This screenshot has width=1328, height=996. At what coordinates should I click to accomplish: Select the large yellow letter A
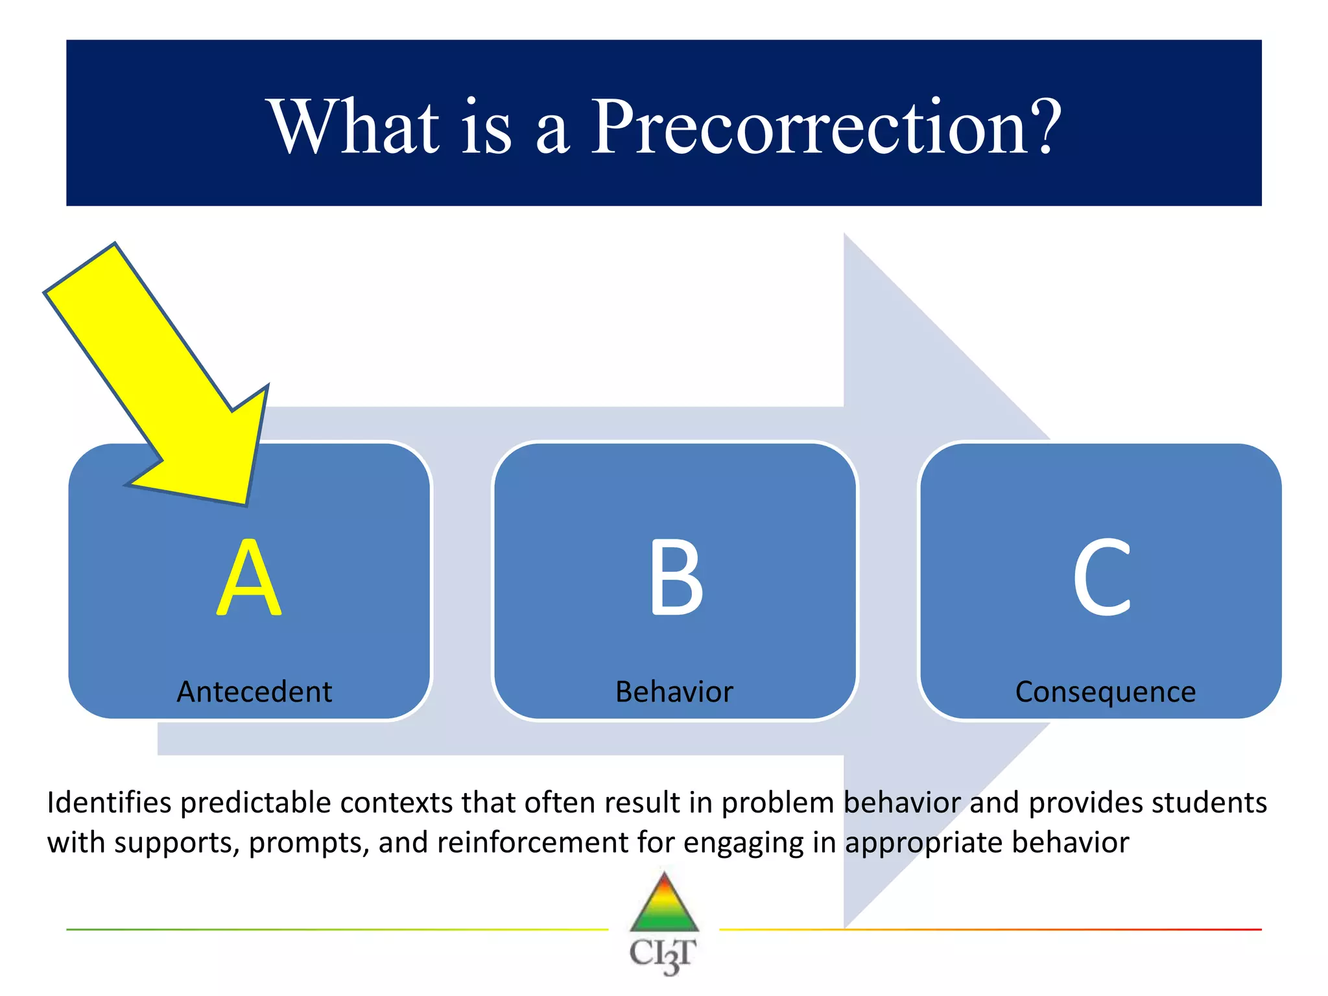pyautogui.click(x=249, y=577)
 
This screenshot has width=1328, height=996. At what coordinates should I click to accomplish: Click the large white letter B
pyautogui.click(x=676, y=577)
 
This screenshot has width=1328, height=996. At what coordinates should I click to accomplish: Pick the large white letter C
pyautogui.click(x=1102, y=577)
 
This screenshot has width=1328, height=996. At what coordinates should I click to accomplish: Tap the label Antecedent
pyautogui.click(x=254, y=692)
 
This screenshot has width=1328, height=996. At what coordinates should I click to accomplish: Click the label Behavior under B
pyautogui.click(x=674, y=692)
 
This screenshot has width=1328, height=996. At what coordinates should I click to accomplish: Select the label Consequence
pyautogui.click(x=1105, y=692)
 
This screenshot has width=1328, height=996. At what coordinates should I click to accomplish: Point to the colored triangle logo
pyautogui.click(x=664, y=905)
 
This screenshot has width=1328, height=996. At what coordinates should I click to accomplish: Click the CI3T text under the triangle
pyautogui.click(x=663, y=954)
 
